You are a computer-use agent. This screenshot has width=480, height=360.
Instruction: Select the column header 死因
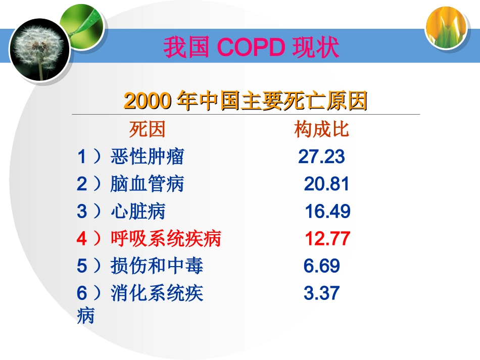[x=147, y=130]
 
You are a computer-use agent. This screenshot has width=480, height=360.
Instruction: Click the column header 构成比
[x=322, y=130]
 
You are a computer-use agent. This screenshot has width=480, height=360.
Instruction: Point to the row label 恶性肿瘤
[x=147, y=157]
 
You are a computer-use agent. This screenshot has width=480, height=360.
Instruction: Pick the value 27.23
[x=321, y=157]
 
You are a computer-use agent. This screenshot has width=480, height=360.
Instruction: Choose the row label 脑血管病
[x=147, y=184]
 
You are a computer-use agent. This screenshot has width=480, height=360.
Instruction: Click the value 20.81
[x=326, y=184]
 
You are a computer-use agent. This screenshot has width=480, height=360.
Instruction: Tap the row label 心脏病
[x=138, y=212]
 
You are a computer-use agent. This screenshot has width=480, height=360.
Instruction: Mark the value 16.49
[x=327, y=212]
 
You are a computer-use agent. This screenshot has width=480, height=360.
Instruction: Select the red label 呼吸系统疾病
[x=166, y=239]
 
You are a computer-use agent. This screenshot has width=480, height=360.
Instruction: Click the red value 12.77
[x=327, y=239]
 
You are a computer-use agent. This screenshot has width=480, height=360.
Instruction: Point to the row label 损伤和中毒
[x=157, y=266]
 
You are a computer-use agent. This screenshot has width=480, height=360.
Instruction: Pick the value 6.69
[x=322, y=266]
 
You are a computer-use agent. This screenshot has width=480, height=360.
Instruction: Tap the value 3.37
[x=322, y=293]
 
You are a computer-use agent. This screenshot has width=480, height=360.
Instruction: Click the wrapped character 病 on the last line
[x=86, y=316]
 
